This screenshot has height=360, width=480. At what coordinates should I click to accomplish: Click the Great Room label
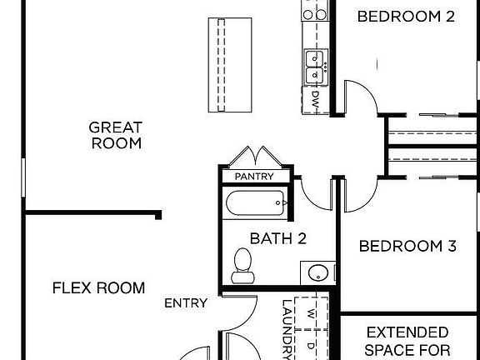click(x=116, y=135)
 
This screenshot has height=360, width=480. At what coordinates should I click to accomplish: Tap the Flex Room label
click(x=98, y=287)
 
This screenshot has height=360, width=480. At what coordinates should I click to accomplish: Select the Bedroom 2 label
click(x=406, y=16)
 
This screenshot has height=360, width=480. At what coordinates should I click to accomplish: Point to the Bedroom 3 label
click(x=407, y=246)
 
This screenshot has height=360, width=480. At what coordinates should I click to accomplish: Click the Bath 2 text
click(x=278, y=238)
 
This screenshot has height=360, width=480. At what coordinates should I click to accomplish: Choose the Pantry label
click(x=254, y=177)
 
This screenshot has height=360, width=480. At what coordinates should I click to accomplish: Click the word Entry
click(x=186, y=303)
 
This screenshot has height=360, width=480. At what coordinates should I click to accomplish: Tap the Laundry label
click(x=286, y=329)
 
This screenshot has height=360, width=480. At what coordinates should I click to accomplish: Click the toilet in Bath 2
click(x=242, y=266)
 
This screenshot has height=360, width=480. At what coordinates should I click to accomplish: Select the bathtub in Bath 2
click(x=255, y=203)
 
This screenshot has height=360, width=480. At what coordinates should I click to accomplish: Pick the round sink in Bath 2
click(x=318, y=273)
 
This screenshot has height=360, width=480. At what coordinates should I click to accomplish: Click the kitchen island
click(x=230, y=65)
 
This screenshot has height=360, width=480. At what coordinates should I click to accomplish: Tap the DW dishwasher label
click(x=315, y=99)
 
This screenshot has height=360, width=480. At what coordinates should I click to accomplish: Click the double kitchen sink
click(x=316, y=67)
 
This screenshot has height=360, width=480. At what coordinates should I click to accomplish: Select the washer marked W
click(x=311, y=313)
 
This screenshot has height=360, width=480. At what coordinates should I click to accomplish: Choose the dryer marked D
click(x=311, y=346)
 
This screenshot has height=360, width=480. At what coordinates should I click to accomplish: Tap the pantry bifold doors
click(x=255, y=156)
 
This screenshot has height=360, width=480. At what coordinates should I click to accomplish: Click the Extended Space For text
click(x=407, y=341)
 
